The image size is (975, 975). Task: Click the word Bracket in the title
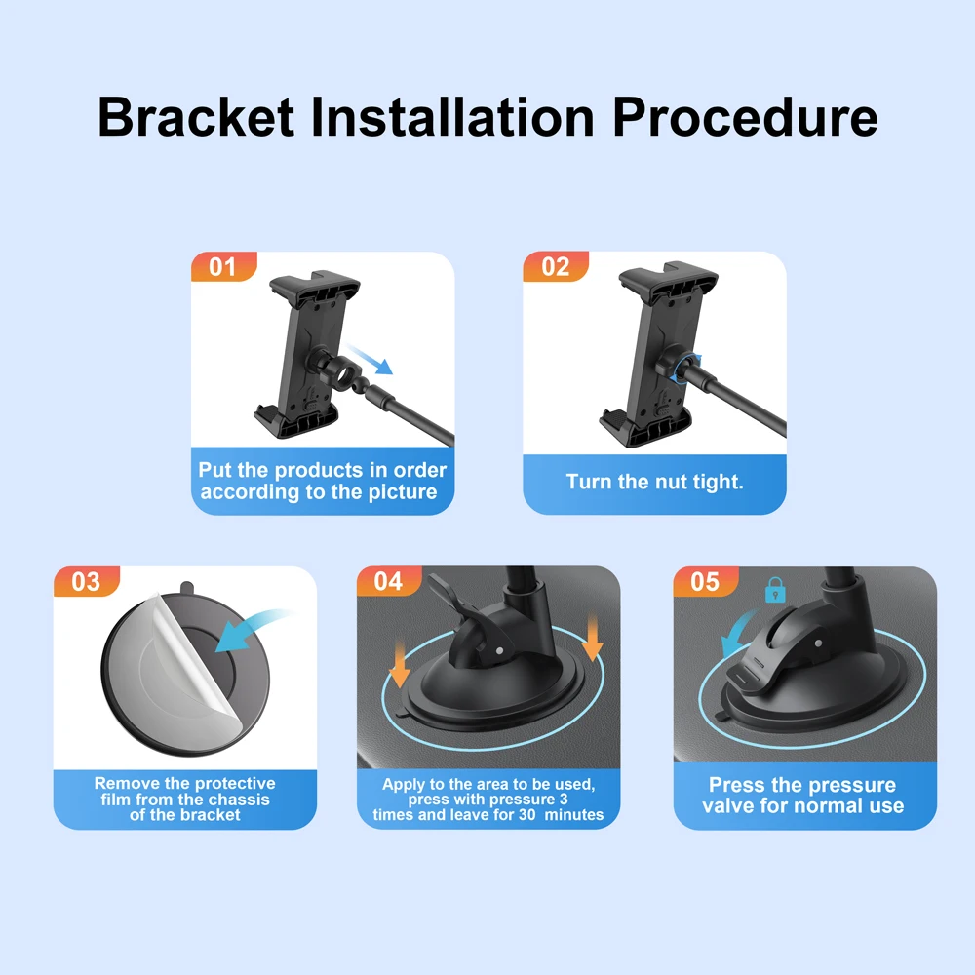196,117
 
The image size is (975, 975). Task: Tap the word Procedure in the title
745,117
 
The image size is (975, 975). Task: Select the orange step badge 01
223,267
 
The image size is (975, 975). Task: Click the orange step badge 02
556,267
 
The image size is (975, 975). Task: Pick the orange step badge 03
86,581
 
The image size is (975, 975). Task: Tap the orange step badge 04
389,581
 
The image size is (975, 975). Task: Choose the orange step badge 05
705,581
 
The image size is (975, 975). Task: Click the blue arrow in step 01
370,360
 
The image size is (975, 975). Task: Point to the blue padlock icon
775,590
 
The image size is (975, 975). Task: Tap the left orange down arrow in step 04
399,663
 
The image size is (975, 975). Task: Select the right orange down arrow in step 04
593,637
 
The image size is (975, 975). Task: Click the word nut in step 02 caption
664,482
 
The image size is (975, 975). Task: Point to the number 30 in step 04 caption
527,814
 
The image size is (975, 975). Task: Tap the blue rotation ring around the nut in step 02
685,369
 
